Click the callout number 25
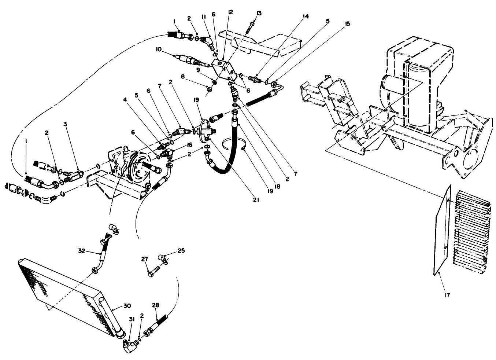pyautogui.click(x=181, y=251)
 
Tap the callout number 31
pyautogui.click(x=132, y=319)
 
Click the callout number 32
pyautogui.click(x=81, y=251)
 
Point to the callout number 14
pyautogui.click(x=306, y=16)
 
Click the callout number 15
pyautogui.click(x=347, y=24)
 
